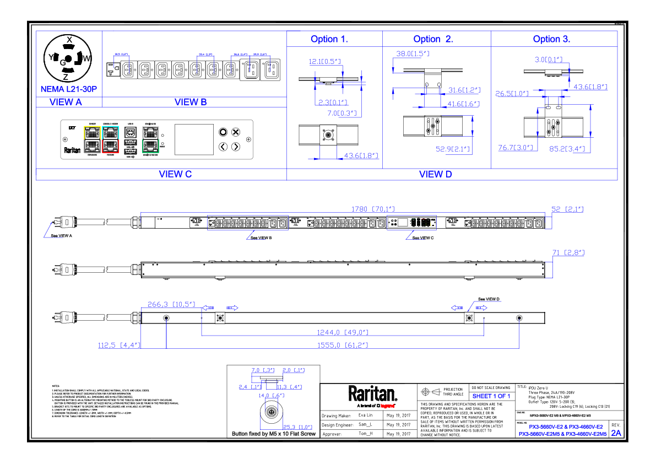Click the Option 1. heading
click(x=329, y=40)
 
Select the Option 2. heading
click(x=433, y=40)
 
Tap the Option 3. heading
click(x=551, y=40)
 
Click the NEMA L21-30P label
click(x=69, y=89)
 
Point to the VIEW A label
click(x=66, y=102)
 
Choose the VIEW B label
click(x=191, y=102)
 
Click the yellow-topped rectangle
click(x=92, y=139)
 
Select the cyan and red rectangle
click(x=110, y=139)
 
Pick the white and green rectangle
click(x=150, y=139)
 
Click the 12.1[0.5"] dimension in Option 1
click(x=324, y=62)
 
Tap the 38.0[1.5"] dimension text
click(x=413, y=54)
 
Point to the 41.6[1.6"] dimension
click(x=463, y=104)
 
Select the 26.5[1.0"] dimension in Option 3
click(x=512, y=94)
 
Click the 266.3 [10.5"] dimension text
click(x=171, y=304)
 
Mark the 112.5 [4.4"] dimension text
click(x=119, y=346)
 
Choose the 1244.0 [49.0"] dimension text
click(x=341, y=332)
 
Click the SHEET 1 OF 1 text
click(x=491, y=396)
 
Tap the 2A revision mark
click(x=616, y=433)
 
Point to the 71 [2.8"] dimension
click(x=568, y=253)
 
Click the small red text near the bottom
click(x=387, y=406)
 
